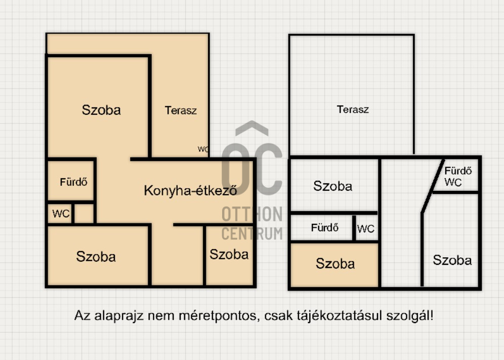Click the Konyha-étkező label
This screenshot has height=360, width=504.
click(190, 190)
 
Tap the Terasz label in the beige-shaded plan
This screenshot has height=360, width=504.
click(181, 110)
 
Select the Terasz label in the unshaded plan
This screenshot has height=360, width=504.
click(353, 109)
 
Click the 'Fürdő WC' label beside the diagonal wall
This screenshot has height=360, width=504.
click(458, 176)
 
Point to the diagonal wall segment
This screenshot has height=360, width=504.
click(433, 186)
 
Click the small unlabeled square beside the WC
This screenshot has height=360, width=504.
click(84, 213)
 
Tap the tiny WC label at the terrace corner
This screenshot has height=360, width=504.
click(203, 149)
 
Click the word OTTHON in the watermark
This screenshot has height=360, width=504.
click(252, 214)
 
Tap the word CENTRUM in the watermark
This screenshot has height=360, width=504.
click(252, 233)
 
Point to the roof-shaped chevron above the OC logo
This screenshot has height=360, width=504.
click(252, 128)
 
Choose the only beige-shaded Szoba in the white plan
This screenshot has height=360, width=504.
click(335, 263)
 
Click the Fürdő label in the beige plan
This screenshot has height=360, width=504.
click(73, 182)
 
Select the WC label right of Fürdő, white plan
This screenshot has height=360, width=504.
click(366, 229)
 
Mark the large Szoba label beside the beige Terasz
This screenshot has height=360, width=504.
click(101, 110)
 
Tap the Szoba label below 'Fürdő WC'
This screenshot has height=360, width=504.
click(452, 260)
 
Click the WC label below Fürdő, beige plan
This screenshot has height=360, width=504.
click(61, 213)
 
